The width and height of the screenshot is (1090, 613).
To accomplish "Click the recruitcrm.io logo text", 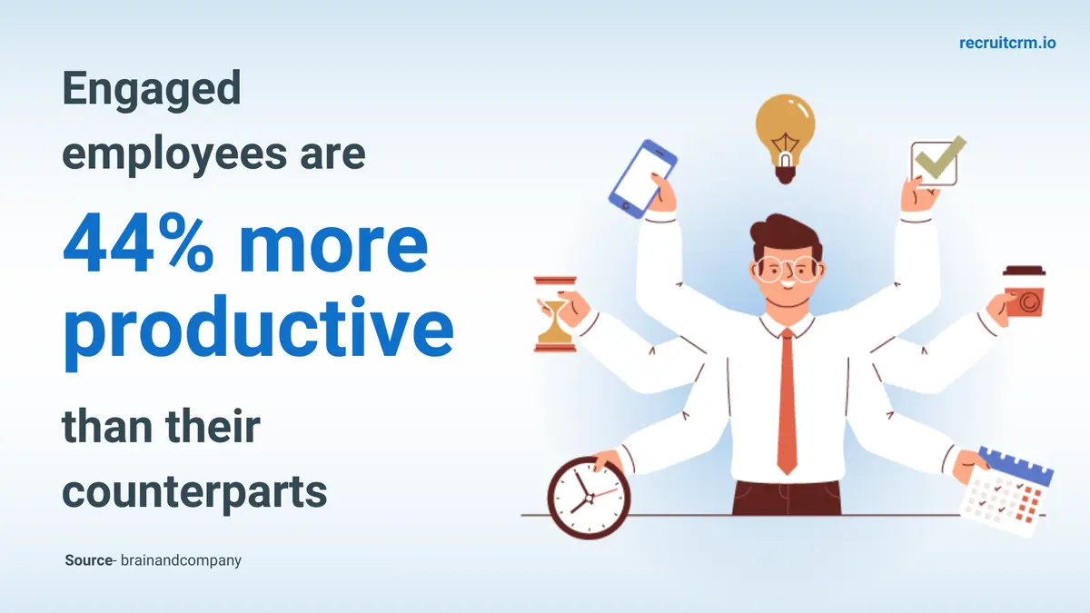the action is click(x=1007, y=43).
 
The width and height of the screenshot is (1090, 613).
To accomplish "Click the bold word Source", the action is click(x=89, y=560).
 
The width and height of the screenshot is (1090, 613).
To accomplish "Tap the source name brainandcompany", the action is click(x=181, y=561).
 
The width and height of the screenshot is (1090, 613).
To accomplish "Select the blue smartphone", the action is click(x=642, y=179).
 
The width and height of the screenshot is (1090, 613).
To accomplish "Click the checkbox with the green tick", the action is click(x=936, y=162).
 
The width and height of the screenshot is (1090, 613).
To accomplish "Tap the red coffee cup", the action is click(x=1024, y=291).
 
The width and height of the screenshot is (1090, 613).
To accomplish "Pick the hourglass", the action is click(x=555, y=314).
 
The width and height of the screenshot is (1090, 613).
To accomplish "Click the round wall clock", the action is click(x=589, y=498).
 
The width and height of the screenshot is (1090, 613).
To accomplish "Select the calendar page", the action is click(x=1007, y=491).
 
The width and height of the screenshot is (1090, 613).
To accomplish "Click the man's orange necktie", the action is click(x=788, y=401).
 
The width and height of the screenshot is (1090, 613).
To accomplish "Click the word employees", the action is click(x=174, y=155).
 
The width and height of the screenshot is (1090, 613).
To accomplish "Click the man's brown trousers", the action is click(x=787, y=498).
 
